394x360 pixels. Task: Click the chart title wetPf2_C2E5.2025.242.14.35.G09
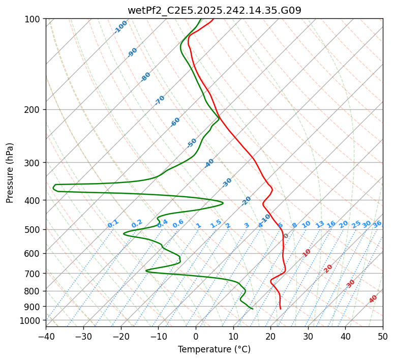[214, 10]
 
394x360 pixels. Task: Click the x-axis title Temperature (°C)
[214, 349]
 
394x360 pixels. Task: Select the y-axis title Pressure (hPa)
[10, 172]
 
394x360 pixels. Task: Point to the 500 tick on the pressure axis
[34, 230]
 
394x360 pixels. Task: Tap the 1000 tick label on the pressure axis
[32, 320]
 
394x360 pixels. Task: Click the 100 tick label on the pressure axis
[34, 19]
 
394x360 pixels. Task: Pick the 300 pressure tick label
[34, 163]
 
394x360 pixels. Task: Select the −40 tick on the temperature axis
[46, 336]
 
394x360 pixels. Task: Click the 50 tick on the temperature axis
[383, 336]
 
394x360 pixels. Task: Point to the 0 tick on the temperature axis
[196, 336]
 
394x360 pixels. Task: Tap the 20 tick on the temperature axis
[270, 336]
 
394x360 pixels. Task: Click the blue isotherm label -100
[120, 27]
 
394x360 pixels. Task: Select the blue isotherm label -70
[160, 100]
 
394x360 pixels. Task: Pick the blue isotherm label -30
[227, 183]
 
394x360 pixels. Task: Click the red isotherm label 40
[373, 299]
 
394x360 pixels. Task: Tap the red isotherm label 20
[328, 268]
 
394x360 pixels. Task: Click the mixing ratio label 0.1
[113, 223]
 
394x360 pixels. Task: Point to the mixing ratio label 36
[377, 224]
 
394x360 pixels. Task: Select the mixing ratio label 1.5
[216, 223]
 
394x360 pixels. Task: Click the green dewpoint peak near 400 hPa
[223, 203]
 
